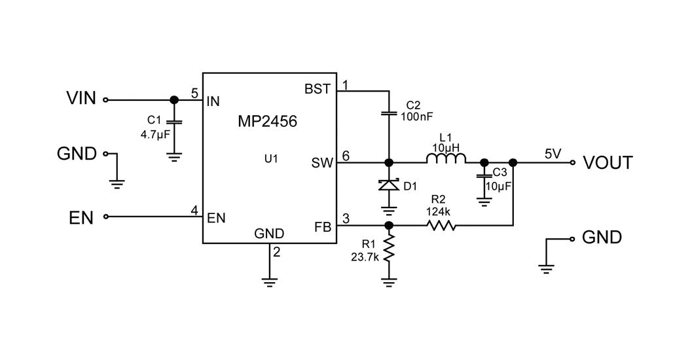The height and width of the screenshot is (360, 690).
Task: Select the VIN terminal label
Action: (81, 98)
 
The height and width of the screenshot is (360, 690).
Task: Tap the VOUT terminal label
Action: (608, 162)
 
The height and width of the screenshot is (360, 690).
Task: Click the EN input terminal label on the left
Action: (81, 217)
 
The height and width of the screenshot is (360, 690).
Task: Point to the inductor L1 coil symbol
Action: (446, 159)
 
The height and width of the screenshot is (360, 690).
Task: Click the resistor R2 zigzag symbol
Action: (441, 226)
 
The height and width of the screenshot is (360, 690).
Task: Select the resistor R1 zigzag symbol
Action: (389, 249)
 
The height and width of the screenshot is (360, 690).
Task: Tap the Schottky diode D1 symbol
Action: (389, 185)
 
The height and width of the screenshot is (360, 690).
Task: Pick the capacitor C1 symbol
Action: (173, 122)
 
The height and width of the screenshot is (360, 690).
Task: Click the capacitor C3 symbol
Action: (484, 177)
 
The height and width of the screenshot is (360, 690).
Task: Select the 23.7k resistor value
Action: (365, 257)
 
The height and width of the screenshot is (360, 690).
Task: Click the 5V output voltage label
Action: (553, 154)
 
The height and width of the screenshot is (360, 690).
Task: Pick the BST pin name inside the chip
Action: (318, 89)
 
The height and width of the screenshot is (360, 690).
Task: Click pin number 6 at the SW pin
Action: (346, 156)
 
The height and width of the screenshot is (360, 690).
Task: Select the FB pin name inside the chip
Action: (323, 227)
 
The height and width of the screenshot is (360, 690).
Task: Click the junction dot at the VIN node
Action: (173, 100)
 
